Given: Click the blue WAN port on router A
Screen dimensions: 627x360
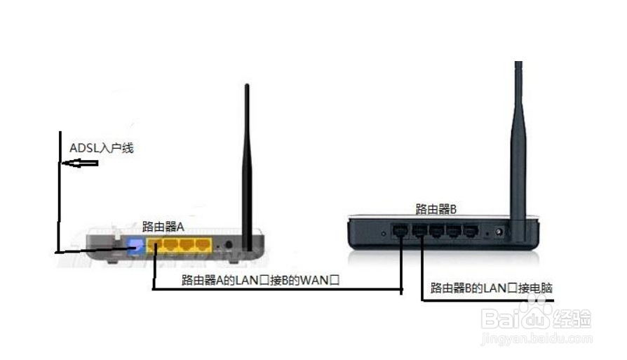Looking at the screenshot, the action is pyautogui.click(x=135, y=246).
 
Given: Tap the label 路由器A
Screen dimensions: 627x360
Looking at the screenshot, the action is pyautogui.click(x=162, y=226).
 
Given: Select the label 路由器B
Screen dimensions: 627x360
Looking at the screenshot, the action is pyautogui.click(x=436, y=208).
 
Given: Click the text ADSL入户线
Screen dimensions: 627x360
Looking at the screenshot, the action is pyautogui.click(x=101, y=148).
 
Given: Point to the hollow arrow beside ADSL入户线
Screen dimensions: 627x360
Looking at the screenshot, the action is pyautogui.click(x=79, y=164).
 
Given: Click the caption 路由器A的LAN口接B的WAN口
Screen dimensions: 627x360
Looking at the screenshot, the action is pyautogui.click(x=260, y=280).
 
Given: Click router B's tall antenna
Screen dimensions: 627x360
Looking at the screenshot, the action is pyautogui.click(x=520, y=140).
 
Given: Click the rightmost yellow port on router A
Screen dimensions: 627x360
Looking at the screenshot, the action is pyautogui.click(x=203, y=246).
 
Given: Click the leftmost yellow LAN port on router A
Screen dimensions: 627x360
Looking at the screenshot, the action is pyautogui.click(x=154, y=246).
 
